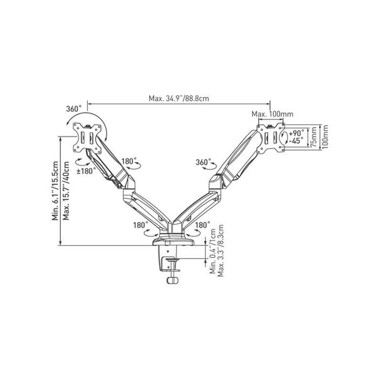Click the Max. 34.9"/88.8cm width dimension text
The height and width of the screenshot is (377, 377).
pyautogui.click(x=178, y=99)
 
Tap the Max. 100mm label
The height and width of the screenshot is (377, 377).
pyautogui.click(x=272, y=114)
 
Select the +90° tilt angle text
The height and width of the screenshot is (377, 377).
pyautogui.click(x=296, y=132)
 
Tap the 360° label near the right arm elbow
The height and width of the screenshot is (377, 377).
pyautogui.click(x=204, y=162)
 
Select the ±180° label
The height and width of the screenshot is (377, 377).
pyautogui.click(x=86, y=171)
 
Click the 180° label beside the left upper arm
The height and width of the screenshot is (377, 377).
pyautogui.click(x=129, y=161)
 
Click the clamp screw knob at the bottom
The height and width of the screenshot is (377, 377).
pyautogui.click(x=173, y=280)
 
